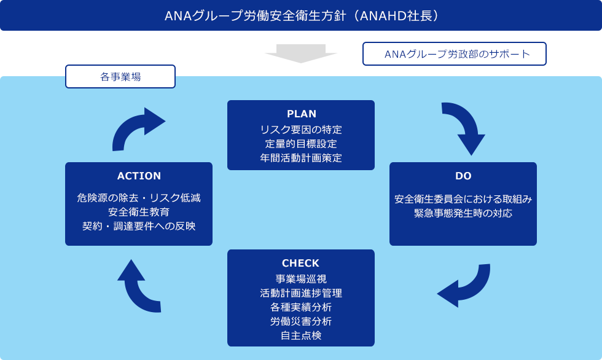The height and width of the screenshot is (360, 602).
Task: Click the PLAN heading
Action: click(x=301, y=114)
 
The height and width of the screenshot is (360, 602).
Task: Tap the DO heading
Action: click(x=463, y=176)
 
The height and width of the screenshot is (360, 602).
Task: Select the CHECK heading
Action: click(x=301, y=264)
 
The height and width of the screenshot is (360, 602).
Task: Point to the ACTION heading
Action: click(x=139, y=176)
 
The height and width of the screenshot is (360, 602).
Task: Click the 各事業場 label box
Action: click(x=120, y=77)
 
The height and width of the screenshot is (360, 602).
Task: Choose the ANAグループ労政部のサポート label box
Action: click(x=455, y=54)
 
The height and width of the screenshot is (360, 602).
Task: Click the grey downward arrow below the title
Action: click(x=301, y=53)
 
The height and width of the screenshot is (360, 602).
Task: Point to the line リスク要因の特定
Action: click(x=301, y=130)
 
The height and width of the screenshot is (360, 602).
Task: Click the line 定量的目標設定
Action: click(x=301, y=144)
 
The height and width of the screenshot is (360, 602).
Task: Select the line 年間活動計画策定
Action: click(x=301, y=158)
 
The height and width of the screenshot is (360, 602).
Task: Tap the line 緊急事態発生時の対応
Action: click(x=463, y=214)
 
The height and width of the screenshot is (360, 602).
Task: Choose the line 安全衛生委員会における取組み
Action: click(x=463, y=199)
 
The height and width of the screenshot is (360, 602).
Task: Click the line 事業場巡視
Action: click(x=301, y=278)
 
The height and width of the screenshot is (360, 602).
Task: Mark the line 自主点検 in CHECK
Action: click(x=301, y=335)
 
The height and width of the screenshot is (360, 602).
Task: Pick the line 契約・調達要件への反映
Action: click(x=139, y=225)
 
